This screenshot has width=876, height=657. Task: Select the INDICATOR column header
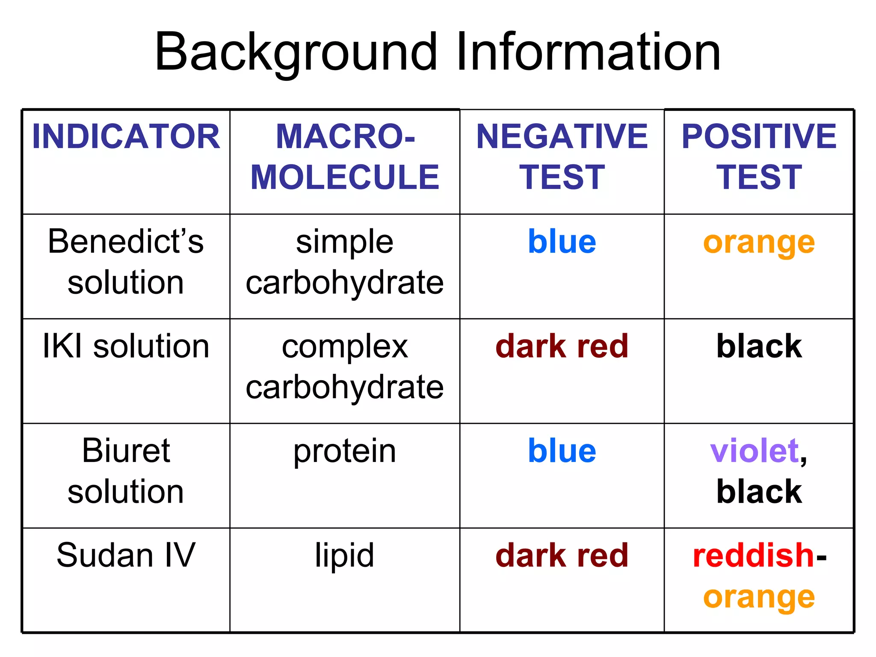coord(126,137)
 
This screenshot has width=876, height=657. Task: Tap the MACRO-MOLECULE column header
coord(345,157)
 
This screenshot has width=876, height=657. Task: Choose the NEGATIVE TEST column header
coord(562,157)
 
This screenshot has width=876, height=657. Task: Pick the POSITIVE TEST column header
coord(759,157)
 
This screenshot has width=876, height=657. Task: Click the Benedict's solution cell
coord(126,262)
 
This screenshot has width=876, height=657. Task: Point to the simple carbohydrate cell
coord(345,262)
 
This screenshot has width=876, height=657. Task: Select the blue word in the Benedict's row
coord(562,242)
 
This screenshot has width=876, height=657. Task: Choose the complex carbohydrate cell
coord(345,367)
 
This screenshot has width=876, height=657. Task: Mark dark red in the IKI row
coord(562,346)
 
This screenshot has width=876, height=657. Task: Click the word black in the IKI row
coord(759,346)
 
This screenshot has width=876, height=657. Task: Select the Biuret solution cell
coord(126,471)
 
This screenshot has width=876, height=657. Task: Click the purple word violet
coord(754,451)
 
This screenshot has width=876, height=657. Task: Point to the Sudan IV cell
coord(126,556)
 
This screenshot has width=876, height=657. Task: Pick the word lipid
coord(345,556)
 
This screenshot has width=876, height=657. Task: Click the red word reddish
coord(753,556)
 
